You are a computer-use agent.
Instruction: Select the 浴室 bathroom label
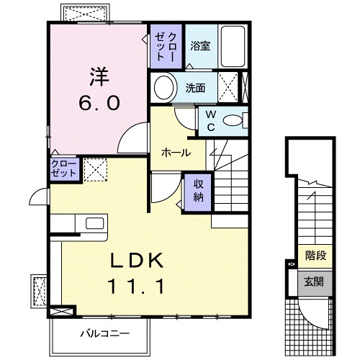tap(200, 45)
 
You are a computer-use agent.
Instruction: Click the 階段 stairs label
tap(314, 255)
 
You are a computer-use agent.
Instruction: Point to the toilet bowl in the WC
tap(232, 120)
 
